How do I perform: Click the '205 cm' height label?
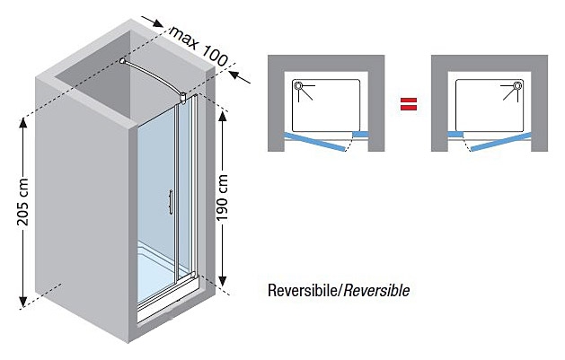[22, 202]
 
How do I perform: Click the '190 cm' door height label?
[223, 198]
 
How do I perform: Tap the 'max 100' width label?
[199, 46]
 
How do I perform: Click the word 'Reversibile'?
[302, 290]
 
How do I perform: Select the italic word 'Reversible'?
[376, 290]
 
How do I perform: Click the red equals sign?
[409, 104]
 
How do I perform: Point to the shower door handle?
[171, 202]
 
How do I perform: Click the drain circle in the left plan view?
[298, 85]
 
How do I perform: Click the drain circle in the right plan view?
[517, 85]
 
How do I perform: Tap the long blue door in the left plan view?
[314, 142]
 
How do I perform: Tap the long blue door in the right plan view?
[501, 142]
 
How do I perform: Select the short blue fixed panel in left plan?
[360, 135]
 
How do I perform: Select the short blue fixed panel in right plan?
[455, 135]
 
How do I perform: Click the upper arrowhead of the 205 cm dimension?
[23, 123]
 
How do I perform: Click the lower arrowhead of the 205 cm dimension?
[23, 302]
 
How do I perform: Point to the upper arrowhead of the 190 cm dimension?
[223, 117]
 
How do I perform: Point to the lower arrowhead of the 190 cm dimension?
[223, 281]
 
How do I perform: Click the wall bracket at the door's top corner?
[184, 99]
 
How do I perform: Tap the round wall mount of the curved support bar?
[123, 61]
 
